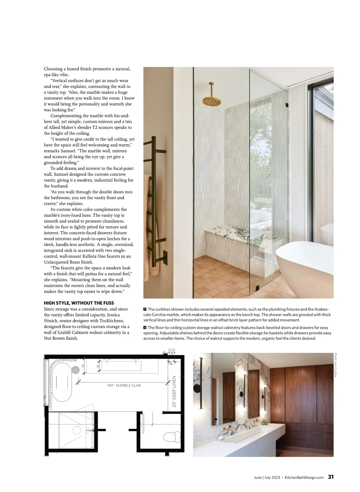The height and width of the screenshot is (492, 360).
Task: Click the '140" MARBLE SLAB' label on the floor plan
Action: coord(124,385)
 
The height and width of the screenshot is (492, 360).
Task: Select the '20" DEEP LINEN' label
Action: coord(174,391)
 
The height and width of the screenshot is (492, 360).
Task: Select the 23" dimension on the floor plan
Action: coord(82,365)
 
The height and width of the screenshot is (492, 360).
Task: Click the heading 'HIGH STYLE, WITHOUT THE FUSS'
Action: coord(79,303)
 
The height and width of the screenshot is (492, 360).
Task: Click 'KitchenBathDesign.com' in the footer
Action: coord(304,478)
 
